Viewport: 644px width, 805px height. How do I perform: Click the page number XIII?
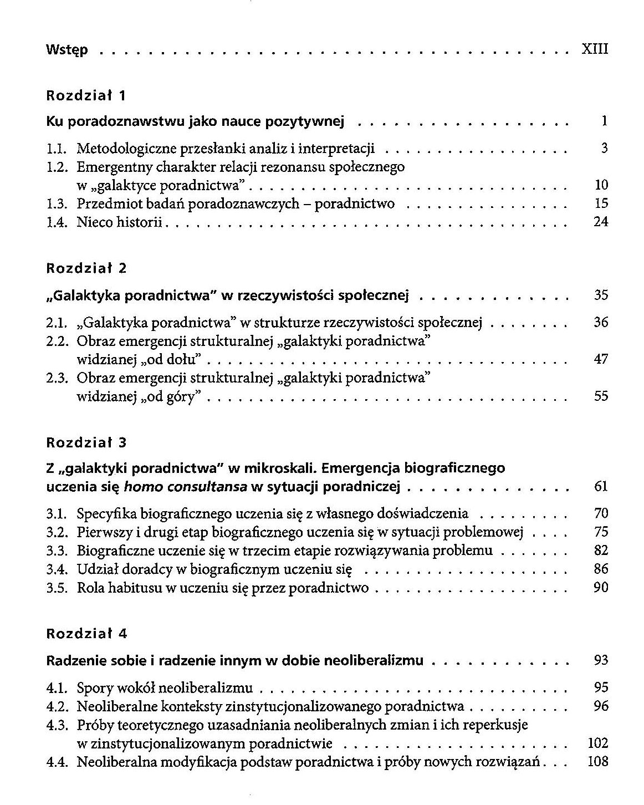pyautogui.click(x=595, y=49)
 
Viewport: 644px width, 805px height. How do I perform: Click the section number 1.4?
pyautogui.click(x=57, y=222)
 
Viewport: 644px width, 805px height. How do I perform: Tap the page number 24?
pyautogui.click(x=601, y=222)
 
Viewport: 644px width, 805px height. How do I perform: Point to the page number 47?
pyautogui.click(x=601, y=359)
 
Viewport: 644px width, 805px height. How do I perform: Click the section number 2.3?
pyautogui.click(x=57, y=378)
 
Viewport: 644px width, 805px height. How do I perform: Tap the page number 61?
pyautogui.click(x=601, y=487)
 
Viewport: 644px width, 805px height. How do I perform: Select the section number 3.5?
pyautogui.click(x=57, y=588)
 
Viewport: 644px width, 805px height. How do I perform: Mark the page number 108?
pyautogui.click(x=597, y=762)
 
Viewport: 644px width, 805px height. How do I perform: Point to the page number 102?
pyautogui.click(x=597, y=743)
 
